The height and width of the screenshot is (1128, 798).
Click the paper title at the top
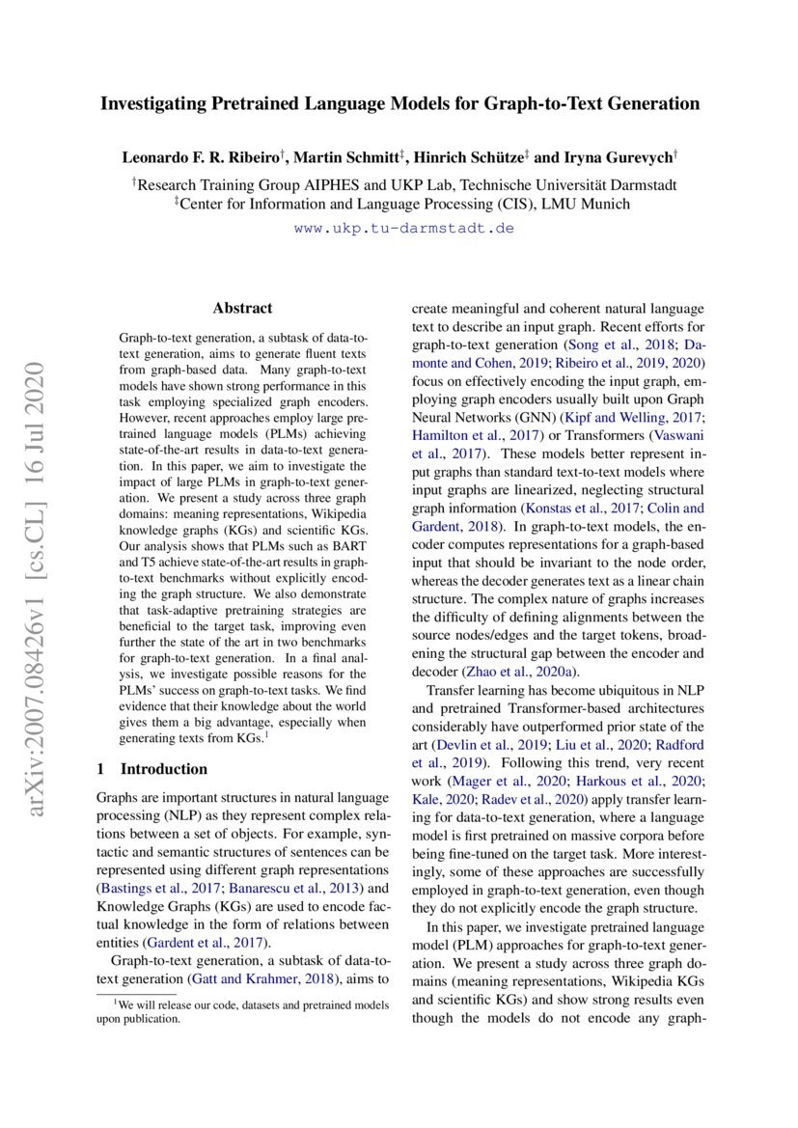pos(399,103)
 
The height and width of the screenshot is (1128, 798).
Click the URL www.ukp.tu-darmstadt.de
pos(403,229)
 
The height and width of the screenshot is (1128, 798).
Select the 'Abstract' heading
pos(242,309)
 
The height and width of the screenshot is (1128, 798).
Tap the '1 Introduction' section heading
pos(152,769)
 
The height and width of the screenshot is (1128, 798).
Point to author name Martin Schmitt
pos(341,156)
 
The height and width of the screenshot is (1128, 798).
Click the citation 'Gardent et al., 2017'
pos(205,942)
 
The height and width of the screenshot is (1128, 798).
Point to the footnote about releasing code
pos(241,1012)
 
